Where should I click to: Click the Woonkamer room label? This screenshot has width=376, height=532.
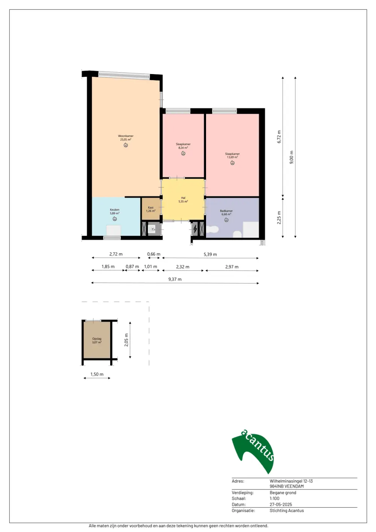[x=126, y=136]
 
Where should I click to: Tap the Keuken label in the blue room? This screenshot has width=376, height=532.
[x=114, y=210]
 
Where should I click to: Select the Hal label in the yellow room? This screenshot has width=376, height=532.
[x=183, y=198]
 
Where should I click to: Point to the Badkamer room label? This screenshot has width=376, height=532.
[x=226, y=211]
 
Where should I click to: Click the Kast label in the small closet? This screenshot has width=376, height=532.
[x=151, y=208]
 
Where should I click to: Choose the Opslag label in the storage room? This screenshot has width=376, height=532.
[x=97, y=339]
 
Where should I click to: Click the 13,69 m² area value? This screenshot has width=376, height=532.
[x=232, y=157]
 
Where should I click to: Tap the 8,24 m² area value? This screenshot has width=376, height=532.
[x=183, y=148]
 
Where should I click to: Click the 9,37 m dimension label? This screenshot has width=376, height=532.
[x=175, y=279]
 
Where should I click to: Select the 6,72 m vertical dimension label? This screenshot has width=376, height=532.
[x=279, y=136]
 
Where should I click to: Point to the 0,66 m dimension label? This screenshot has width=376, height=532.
[x=154, y=254]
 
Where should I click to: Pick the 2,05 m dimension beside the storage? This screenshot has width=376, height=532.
[x=126, y=340]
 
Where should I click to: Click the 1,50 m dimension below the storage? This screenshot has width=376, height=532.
[x=97, y=374]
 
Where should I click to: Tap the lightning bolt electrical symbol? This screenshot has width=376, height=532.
[x=195, y=229]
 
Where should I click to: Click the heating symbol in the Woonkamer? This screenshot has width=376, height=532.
[x=126, y=145]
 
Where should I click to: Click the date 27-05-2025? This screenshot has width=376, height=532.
[x=281, y=505]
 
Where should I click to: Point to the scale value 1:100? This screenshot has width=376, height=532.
[x=274, y=499]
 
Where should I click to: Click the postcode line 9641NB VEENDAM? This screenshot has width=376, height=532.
[x=287, y=486]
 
